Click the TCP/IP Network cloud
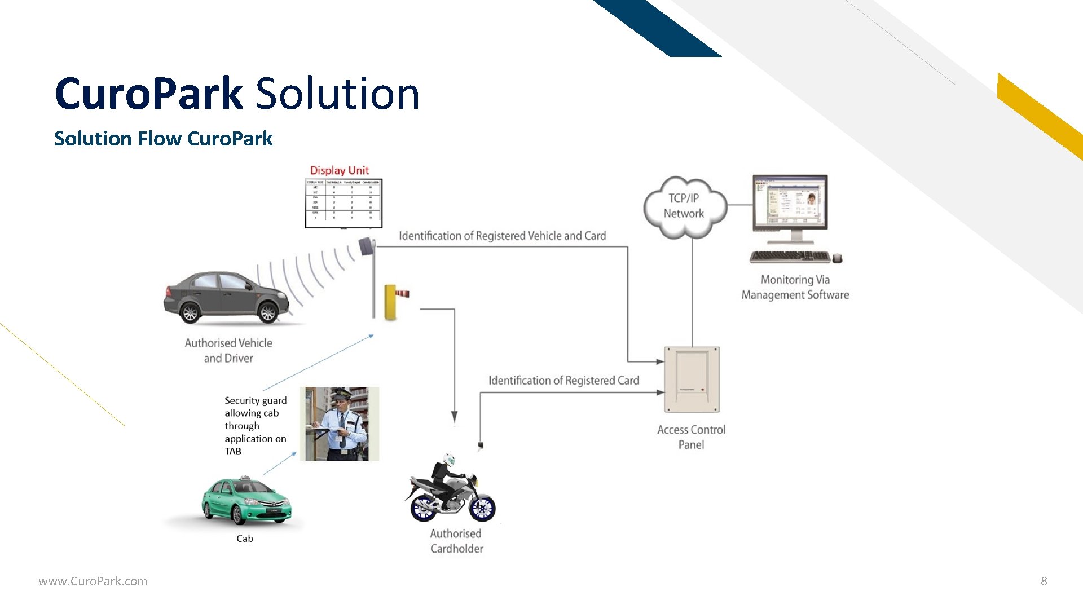coord(684,206)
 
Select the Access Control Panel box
coord(692,379)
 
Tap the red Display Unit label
coord(339,170)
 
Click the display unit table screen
coord(344,203)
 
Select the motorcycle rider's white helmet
coord(449,459)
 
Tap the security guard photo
coord(340,423)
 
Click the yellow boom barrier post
coord(390,302)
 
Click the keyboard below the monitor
coord(790,257)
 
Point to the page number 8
coord(1044,581)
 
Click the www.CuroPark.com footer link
coord(93,581)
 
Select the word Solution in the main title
coord(337,94)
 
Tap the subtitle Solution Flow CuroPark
coord(164,139)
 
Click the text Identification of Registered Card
coord(563,381)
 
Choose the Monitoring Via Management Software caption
coord(795,287)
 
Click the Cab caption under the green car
coord(245,539)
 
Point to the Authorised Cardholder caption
coord(456,541)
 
